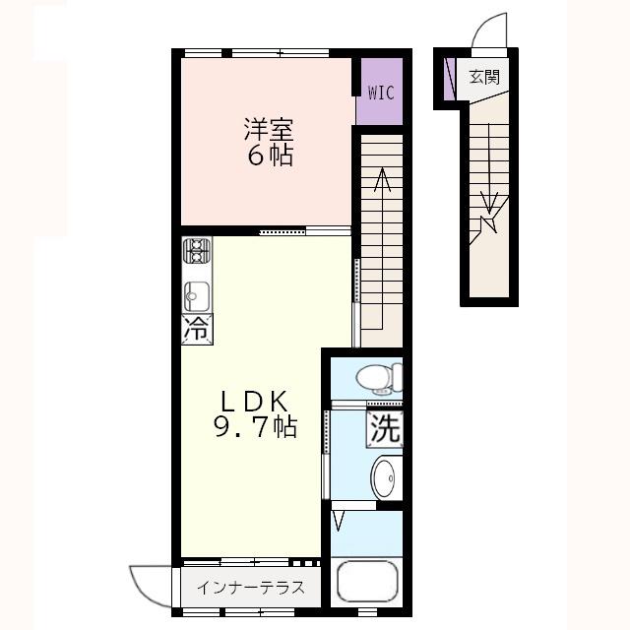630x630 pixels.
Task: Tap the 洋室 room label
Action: pos(269,129)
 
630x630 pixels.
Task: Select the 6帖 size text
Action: pos(270,155)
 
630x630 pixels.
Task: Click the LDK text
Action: pos(254,401)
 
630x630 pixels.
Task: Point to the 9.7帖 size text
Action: pos(256,426)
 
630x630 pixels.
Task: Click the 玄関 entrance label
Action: pos(485,77)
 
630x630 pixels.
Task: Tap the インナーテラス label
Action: pos(251,588)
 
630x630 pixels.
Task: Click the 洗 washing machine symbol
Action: pos(385,429)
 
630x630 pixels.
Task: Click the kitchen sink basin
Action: pos(197,296)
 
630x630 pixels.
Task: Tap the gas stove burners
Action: pos(197,250)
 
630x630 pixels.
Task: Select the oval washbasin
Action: pos(386,477)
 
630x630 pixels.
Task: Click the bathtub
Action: pos(367,582)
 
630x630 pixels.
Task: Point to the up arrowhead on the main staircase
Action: pos(382,179)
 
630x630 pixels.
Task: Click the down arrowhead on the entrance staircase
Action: pos(489,203)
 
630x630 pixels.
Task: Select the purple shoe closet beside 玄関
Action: pos(449,79)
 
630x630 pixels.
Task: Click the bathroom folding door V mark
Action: pos(339,521)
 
